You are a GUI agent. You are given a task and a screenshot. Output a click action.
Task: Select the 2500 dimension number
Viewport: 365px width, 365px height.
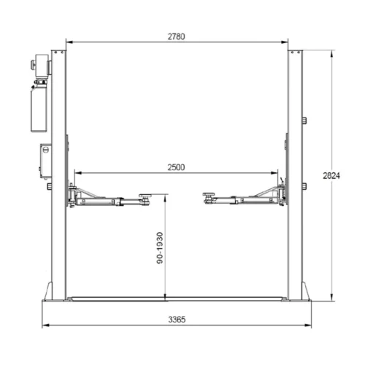tap(176, 166)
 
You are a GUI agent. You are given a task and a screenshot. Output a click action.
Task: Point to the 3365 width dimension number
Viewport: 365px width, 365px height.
tap(176, 318)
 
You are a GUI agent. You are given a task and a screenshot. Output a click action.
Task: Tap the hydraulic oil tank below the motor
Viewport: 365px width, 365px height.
tap(38, 109)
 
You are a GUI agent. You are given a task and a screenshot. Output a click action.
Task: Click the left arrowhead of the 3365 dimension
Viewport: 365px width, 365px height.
tap(43, 326)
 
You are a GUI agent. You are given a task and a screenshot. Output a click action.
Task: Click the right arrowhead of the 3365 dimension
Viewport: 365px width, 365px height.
tap(312, 326)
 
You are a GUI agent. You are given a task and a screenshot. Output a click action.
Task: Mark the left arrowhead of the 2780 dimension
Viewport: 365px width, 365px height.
tap(67, 42)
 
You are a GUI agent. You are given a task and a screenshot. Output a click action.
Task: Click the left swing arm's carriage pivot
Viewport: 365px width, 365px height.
tap(73, 196)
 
